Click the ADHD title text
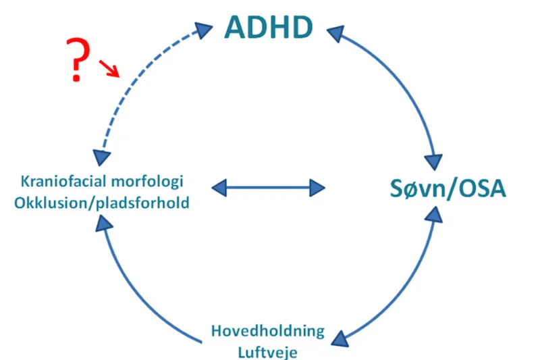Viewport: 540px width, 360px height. point(269,27)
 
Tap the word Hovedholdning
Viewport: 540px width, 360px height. point(268,332)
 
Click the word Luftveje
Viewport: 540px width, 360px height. point(268,351)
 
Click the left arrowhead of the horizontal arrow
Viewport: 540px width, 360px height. point(221,186)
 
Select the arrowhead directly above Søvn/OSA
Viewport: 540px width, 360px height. point(433,162)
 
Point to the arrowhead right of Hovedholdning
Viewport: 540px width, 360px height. point(341,335)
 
